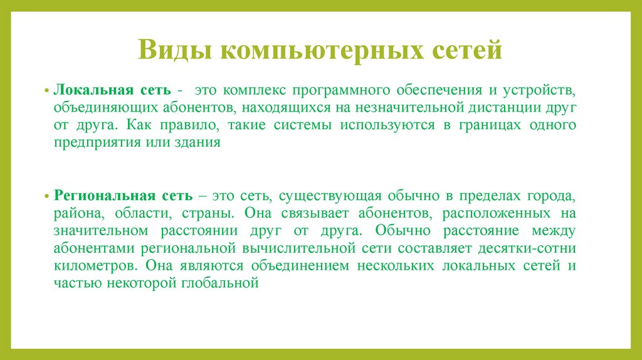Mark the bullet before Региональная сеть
[47, 197]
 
